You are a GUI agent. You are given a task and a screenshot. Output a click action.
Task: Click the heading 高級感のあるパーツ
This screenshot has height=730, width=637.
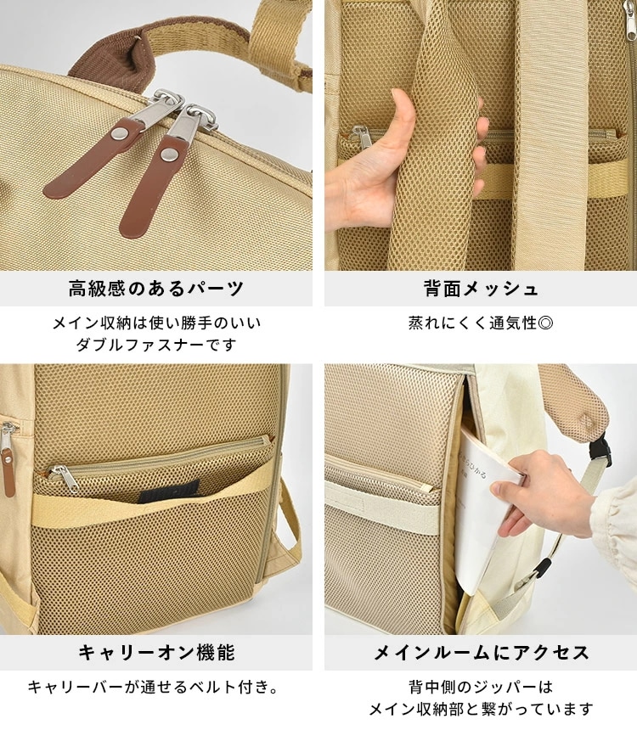click(x=155, y=289)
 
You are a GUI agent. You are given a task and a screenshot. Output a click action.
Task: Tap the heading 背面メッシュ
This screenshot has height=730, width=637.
click(x=481, y=289)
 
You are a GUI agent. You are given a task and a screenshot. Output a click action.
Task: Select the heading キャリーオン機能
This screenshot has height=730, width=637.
click(x=155, y=653)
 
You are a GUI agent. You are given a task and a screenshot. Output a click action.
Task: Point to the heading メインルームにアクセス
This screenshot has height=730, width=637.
click(x=481, y=653)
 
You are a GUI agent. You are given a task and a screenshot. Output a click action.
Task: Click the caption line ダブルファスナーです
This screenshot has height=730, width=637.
click(x=155, y=345)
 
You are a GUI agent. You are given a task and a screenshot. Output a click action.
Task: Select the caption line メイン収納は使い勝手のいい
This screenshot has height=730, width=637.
click(x=155, y=323)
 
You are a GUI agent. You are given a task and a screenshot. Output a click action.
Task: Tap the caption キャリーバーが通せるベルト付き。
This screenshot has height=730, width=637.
click(x=155, y=687)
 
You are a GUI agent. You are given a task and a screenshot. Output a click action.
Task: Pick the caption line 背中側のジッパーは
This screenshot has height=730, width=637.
click(x=481, y=687)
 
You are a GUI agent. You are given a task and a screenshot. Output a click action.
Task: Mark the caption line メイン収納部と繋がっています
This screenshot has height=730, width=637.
click(x=481, y=709)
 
